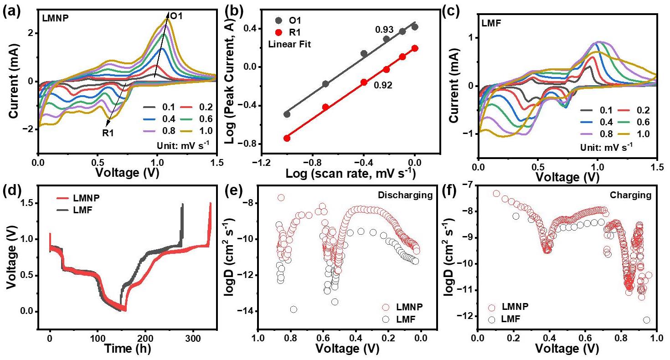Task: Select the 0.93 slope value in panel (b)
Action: [384, 30]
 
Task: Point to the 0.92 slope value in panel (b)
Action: [382, 84]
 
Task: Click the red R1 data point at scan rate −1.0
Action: [287, 138]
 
